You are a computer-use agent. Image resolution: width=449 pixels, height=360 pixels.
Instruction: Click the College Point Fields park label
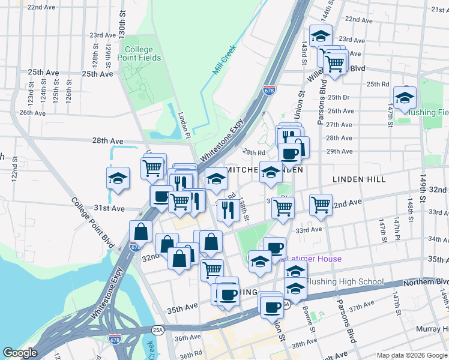click(143, 53)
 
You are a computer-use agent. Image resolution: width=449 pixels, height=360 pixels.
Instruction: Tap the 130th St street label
click(122, 20)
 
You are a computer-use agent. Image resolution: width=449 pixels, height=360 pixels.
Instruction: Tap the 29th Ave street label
click(339, 151)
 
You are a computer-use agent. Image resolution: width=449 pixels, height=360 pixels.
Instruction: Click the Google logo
click(19, 353)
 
